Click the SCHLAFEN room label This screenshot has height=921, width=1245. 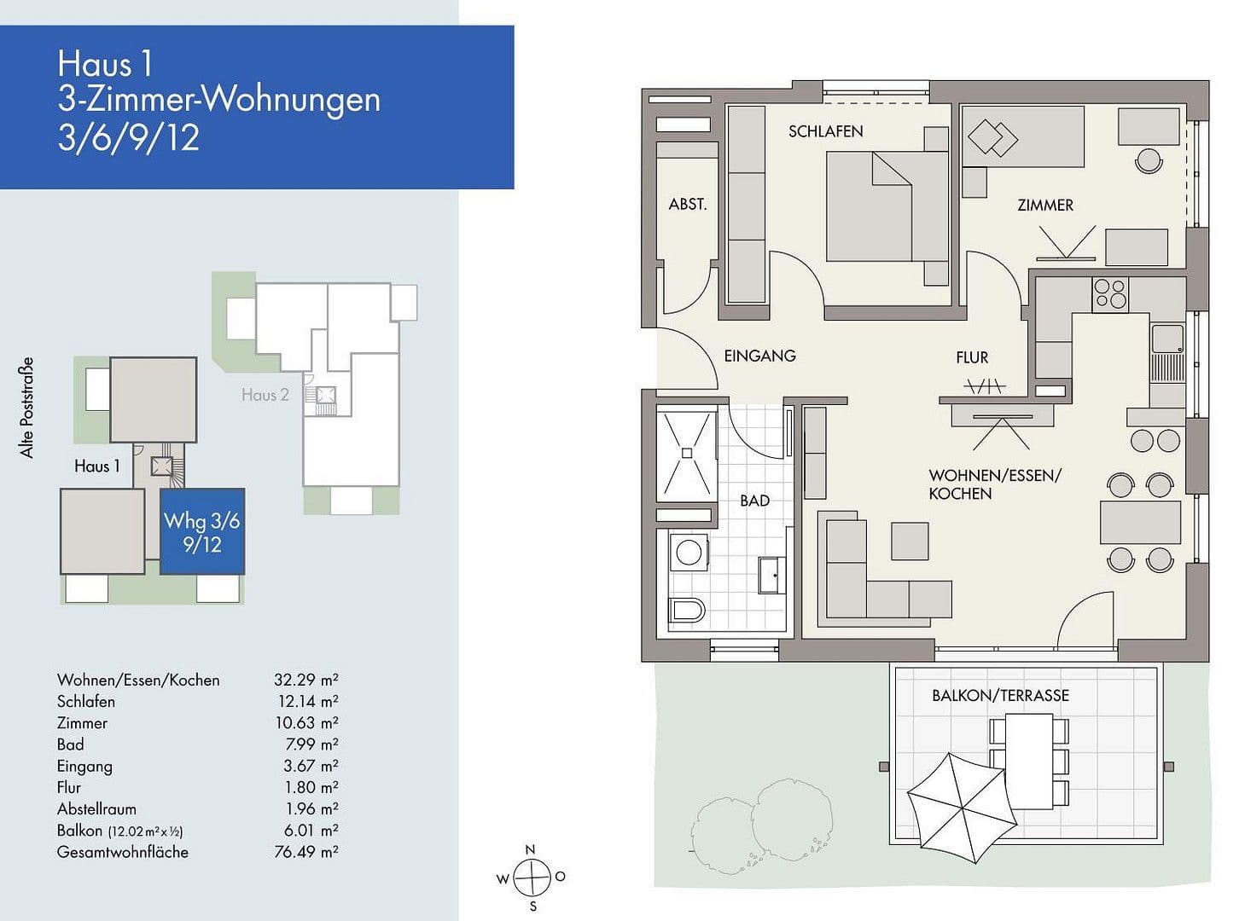pos(825,131)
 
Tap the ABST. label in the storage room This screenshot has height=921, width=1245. pos(687,205)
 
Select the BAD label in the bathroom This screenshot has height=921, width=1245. pos(754,501)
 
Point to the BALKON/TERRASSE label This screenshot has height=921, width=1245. pos(1000,696)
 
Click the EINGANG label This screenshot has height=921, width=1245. pos(759,356)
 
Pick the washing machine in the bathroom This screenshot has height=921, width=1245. pos(689,553)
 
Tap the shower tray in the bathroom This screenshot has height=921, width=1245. pos(686,453)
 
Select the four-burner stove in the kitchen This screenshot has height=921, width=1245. pos(1110,293)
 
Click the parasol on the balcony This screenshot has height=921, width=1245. pos(961,806)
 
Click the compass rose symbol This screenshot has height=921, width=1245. pos(532,877)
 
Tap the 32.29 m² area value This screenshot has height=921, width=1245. pos(305,680)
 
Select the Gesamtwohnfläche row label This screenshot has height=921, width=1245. pos(123,852)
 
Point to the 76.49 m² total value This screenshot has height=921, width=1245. pos(305,852)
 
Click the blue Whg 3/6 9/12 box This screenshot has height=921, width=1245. pos(202,531)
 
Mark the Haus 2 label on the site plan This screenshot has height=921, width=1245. pos(265,395)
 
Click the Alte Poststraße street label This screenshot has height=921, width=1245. pos(27,408)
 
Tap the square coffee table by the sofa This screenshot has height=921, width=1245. pos(909,541)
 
